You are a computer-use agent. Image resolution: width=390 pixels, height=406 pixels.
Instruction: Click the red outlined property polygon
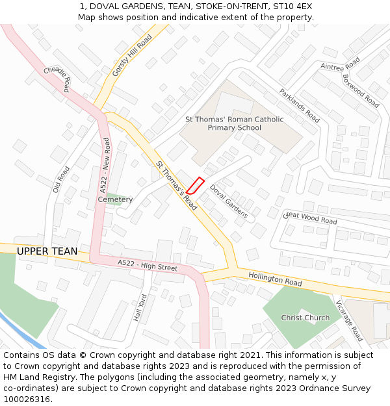tap(196, 186)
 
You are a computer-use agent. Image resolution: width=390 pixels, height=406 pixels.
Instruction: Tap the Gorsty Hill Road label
tap(132, 56)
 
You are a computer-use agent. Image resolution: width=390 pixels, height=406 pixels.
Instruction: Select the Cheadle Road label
tap(56, 75)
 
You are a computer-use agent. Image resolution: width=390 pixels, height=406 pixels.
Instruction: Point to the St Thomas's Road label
tap(176, 185)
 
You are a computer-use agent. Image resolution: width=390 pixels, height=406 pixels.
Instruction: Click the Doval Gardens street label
tap(228, 201)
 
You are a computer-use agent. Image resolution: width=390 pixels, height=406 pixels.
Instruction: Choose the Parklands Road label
tap(300, 106)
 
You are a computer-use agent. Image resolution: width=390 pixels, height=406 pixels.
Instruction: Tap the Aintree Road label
tap(340, 63)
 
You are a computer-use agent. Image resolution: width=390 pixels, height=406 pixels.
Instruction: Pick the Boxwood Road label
tap(361, 91)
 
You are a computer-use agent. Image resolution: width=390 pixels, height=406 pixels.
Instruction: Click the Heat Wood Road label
tap(311, 218)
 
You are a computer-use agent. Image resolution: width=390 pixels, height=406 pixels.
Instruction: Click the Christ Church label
tap(305, 318)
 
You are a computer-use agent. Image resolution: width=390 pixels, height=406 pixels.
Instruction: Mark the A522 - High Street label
tap(148, 265)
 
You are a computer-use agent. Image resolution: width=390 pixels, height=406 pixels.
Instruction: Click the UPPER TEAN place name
tap(47, 251)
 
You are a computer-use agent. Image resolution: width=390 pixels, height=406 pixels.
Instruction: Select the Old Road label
tap(61, 180)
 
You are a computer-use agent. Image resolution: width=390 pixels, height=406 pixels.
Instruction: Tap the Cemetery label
tap(115, 199)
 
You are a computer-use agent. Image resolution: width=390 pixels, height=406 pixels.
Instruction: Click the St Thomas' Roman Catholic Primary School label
tap(235, 123)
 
